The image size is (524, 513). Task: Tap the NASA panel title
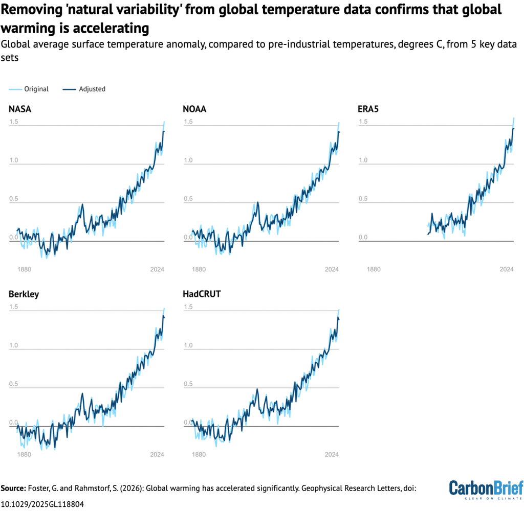pos(19,109)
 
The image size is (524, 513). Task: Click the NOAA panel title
pos(194,109)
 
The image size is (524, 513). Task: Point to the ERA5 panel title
pos(368,109)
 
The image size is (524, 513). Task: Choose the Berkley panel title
pos(24,294)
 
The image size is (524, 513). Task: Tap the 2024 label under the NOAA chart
pos(332,269)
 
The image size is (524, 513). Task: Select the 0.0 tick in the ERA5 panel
pos(363,238)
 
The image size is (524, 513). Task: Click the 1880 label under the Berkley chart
pos(24,454)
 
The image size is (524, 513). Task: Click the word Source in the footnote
pos(15,488)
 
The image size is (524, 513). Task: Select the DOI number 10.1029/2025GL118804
pos(42,503)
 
